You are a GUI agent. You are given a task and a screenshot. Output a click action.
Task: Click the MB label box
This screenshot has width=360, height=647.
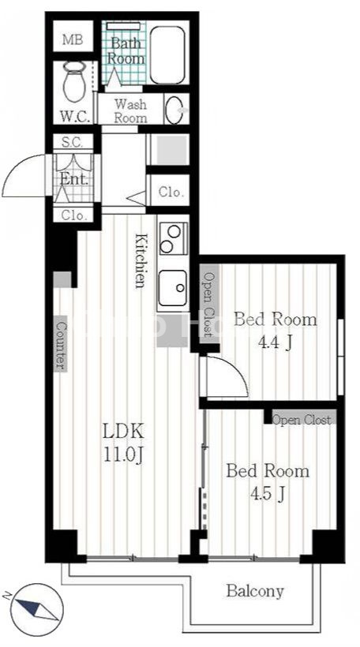pos(73,40)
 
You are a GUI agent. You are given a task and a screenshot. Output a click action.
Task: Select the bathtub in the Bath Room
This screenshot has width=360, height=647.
pos(167,55)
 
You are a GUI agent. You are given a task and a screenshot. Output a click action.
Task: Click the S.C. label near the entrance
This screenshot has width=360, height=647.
pos(73,142)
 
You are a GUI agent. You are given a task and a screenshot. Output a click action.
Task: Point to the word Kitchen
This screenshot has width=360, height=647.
pos(141,260)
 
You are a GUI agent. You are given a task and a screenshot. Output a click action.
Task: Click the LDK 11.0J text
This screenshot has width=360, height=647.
pos(123,444)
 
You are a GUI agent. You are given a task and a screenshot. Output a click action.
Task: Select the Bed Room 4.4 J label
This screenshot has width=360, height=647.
pos(276,331)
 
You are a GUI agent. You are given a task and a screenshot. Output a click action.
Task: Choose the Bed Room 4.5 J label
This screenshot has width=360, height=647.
pos(268,481)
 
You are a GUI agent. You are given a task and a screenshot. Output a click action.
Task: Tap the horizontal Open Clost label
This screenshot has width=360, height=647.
pos(302,420)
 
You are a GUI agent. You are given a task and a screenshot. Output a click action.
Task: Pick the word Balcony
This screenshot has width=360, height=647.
pos(255,591)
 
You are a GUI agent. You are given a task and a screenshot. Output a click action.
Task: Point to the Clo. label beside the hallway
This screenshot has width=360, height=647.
pos(171,193)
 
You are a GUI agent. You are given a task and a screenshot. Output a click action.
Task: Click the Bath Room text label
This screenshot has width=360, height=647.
pos(126,50)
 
